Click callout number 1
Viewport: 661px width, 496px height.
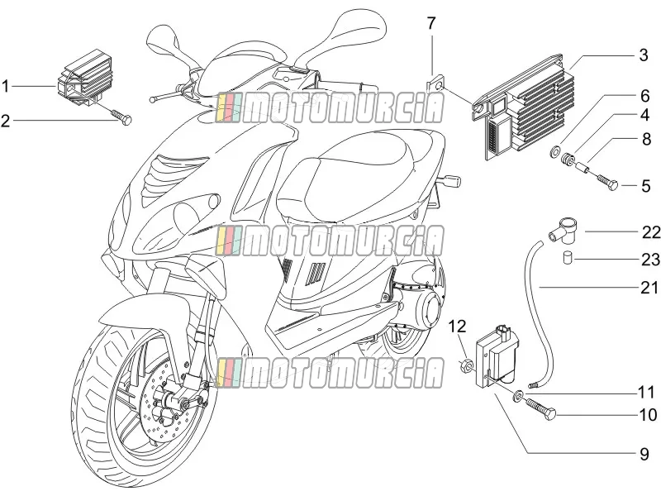pos(5,87)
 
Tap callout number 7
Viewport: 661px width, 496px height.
pos(430,23)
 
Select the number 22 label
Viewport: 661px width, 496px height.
pos(651,232)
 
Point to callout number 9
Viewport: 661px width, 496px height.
pos(644,454)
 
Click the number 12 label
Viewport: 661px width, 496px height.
pos(458,327)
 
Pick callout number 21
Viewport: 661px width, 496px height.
pos(649,288)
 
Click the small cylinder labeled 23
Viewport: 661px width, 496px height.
pos(568,258)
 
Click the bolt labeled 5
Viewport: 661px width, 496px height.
pos(607,180)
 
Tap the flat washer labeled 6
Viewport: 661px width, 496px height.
pos(556,150)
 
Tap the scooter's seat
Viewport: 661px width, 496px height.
pos(362,173)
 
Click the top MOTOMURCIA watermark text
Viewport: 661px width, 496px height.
pos(329,108)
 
